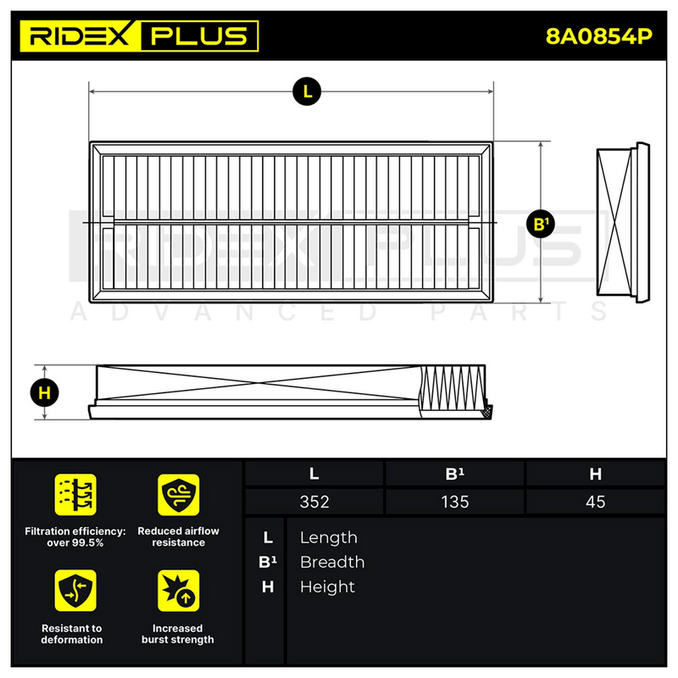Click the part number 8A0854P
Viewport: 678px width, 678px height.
[599, 36]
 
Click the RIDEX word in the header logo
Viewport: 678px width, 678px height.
[79, 36]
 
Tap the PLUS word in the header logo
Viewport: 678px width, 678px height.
[199, 36]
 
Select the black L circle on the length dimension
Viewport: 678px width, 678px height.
[307, 92]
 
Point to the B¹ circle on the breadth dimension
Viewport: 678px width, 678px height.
[541, 224]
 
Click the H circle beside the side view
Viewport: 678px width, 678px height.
[45, 392]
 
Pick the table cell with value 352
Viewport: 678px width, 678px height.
[314, 502]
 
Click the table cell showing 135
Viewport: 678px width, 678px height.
[455, 502]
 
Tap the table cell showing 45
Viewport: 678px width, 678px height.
[596, 502]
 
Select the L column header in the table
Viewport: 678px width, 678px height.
[314, 474]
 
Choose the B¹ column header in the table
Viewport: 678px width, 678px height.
[455, 474]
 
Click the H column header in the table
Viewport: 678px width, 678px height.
[596, 474]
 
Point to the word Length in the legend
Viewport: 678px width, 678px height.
[329, 537]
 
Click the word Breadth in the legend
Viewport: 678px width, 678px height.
[332, 562]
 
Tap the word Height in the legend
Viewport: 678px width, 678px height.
[327, 586]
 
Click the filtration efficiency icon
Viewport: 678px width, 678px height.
[75, 495]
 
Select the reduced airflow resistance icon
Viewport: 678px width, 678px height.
[178, 495]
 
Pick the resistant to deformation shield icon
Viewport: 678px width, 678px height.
[75, 590]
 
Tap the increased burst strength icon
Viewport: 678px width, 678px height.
[178, 590]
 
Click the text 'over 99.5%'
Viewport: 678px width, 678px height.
[75, 542]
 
